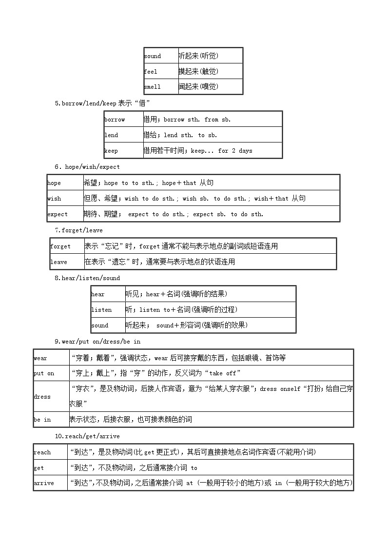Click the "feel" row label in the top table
pyautogui.click(x=151, y=71)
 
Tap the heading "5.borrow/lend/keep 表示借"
pyautogui.click(x=102, y=103)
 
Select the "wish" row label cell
pyautogui.click(x=54, y=199)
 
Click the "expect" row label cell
pyautogui.click(x=58, y=214)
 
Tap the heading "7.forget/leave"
pyautogui.click(x=78, y=230)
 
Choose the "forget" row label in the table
pyautogui.click(x=60, y=246)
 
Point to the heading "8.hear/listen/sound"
pyautogui.click(x=87, y=278)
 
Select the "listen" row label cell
pyautogui.click(x=101, y=310)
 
